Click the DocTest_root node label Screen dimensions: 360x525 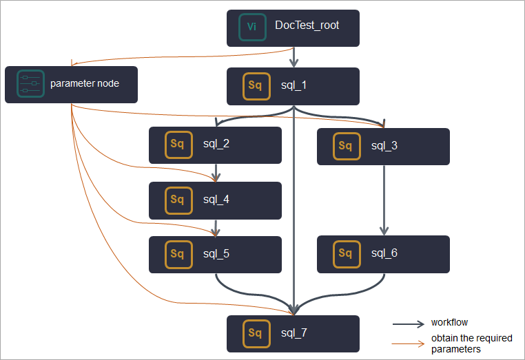click(x=307, y=26)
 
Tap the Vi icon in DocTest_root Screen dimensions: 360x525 click(x=252, y=28)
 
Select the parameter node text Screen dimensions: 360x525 click(x=85, y=84)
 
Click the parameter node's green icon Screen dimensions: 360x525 click(x=30, y=84)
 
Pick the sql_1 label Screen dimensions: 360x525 click(x=294, y=85)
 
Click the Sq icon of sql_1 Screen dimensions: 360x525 click(x=256, y=86)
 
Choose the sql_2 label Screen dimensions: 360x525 click(x=216, y=145)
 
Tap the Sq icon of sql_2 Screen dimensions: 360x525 click(x=178, y=145)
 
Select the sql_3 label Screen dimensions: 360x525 click(x=384, y=146)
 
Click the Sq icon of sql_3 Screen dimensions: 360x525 click(x=346, y=146)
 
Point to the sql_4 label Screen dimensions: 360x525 click(x=216, y=200)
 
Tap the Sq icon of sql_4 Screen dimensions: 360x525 click(x=178, y=200)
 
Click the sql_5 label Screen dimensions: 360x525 click(x=216, y=253)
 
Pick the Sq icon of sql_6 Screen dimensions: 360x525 click(x=346, y=253)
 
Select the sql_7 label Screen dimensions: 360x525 click(x=294, y=333)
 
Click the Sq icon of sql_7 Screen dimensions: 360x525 click(x=256, y=333)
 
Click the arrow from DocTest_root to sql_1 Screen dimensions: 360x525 click(x=294, y=56)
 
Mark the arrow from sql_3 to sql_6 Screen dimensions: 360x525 click(x=384, y=200)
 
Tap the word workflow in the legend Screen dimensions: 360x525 click(x=449, y=322)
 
